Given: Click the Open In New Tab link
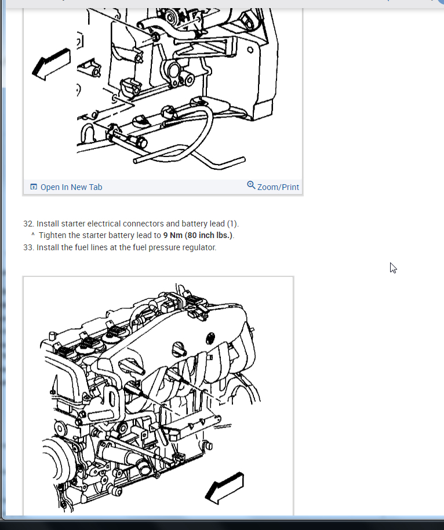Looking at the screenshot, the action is pyautogui.click(x=71, y=187).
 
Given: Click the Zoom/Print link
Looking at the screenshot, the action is pyautogui.click(x=278, y=187).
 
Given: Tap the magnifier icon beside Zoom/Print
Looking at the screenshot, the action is pyautogui.click(x=251, y=185).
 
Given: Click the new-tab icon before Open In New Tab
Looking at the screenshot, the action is pyautogui.click(x=34, y=187).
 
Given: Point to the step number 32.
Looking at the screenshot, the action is pyautogui.click(x=28, y=224).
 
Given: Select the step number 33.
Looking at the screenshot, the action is pyautogui.click(x=28, y=247).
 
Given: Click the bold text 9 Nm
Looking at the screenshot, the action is pyautogui.click(x=173, y=235).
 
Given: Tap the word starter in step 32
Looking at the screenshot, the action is pyautogui.click(x=72, y=224).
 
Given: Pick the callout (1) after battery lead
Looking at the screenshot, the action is pyautogui.click(x=232, y=224).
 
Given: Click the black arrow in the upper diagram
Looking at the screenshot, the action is pyautogui.click(x=51, y=64).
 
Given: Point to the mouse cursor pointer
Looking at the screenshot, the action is pyautogui.click(x=393, y=268).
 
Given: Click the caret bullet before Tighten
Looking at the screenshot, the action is pyautogui.click(x=33, y=234).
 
